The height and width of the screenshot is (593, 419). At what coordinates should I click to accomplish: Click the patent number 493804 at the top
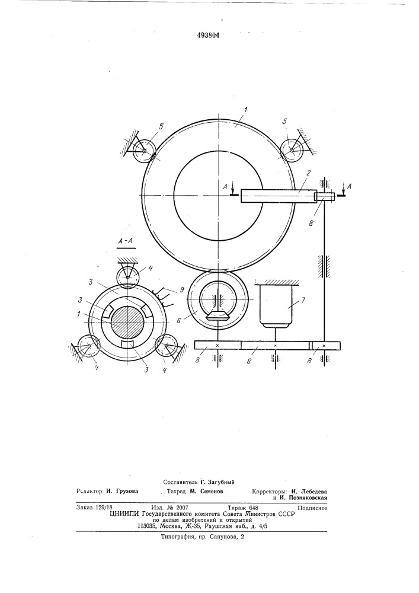pos(209,36)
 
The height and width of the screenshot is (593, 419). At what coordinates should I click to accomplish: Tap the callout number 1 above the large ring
pos(245,110)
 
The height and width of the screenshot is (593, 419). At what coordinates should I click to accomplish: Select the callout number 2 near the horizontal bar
pos(308,173)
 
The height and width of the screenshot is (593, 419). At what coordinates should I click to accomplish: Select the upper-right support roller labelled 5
pos(292,150)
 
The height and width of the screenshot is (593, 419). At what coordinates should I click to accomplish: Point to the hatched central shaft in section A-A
pos(127,321)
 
